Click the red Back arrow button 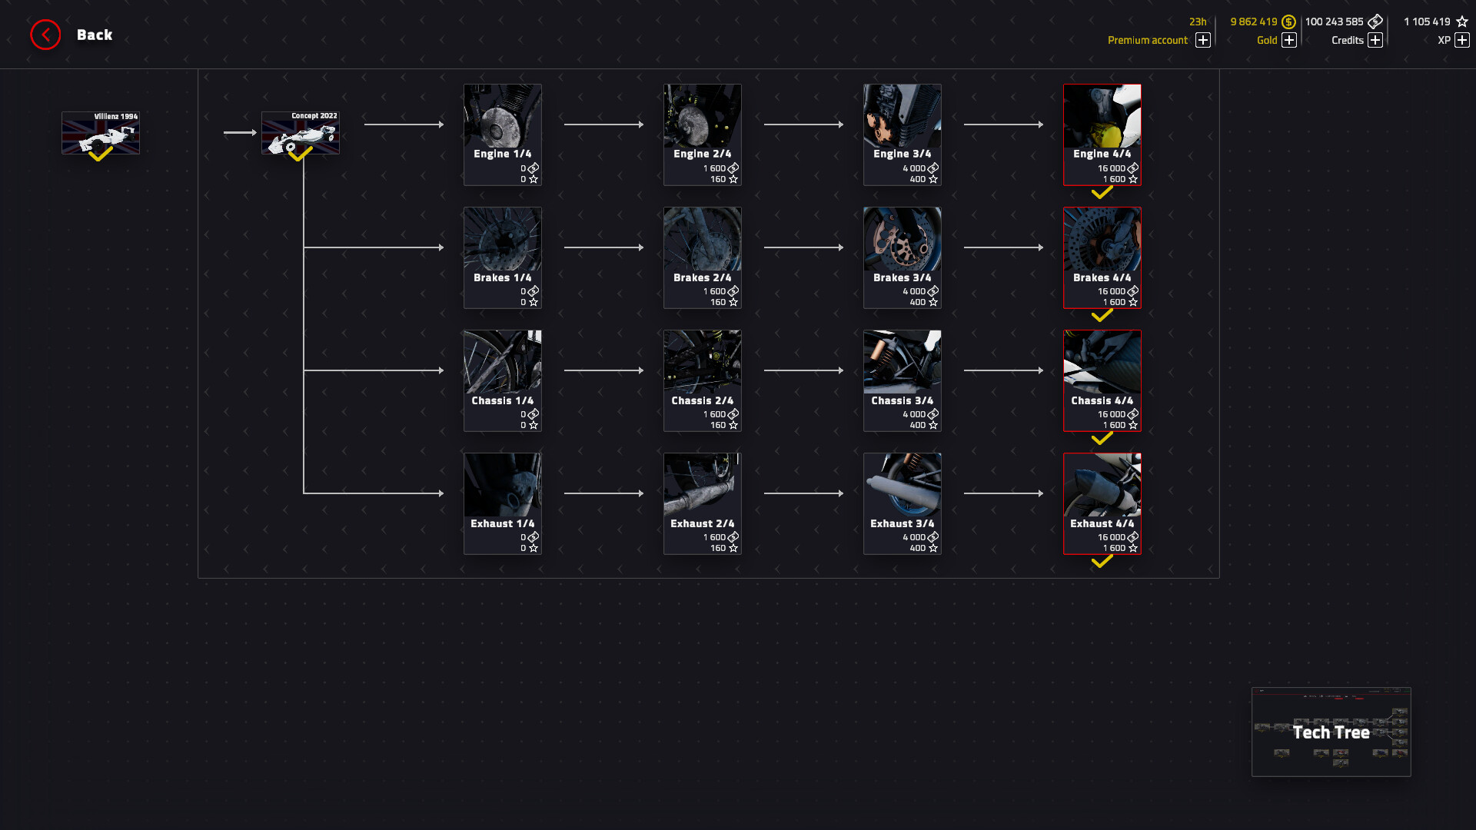[x=45, y=35]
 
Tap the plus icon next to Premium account [x=1203, y=40]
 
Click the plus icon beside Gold [x=1289, y=40]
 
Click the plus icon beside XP [x=1461, y=40]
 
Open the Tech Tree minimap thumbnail [x=1331, y=732]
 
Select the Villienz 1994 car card [x=101, y=133]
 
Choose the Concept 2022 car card [x=301, y=133]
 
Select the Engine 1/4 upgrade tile [x=503, y=134]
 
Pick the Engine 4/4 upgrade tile [x=1102, y=134]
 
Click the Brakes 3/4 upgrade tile [x=902, y=257]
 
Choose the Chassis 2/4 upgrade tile [x=702, y=380]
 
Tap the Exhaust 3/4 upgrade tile [x=902, y=503]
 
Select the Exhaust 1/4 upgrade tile [x=503, y=503]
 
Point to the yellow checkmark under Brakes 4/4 [x=1102, y=316]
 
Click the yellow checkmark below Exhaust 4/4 [x=1102, y=562]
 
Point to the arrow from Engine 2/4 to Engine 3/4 [x=803, y=124]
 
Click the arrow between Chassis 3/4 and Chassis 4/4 [x=1003, y=370]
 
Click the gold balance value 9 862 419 [x=1253, y=22]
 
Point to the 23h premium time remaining [x=1198, y=22]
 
